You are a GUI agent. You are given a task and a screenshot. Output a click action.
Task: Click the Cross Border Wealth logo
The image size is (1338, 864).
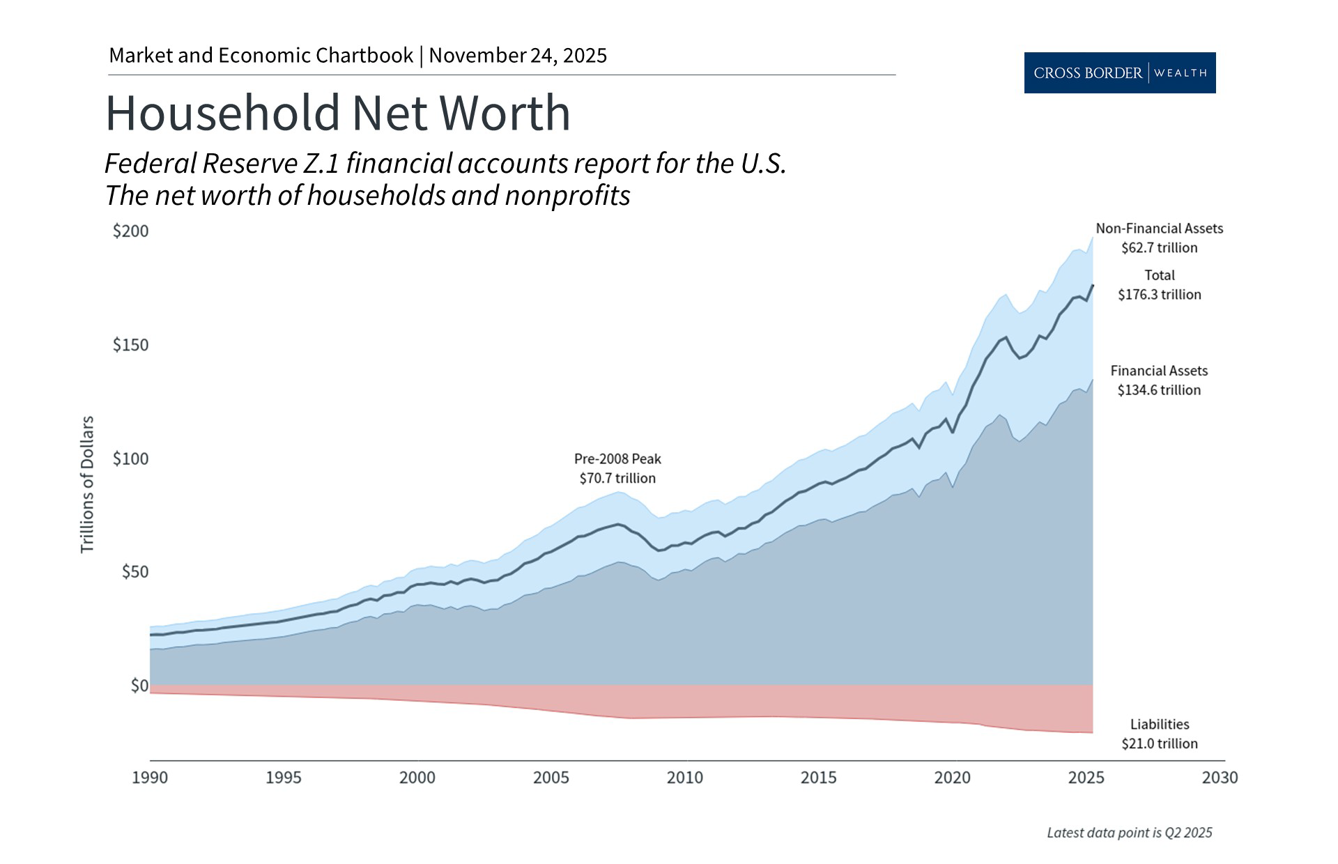(1119, 72)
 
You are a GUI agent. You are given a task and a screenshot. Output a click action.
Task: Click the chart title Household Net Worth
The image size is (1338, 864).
(337, 113)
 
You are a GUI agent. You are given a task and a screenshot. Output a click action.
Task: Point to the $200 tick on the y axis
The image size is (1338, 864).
(131, 231)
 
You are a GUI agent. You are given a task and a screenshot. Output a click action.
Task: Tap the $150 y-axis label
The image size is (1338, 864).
(131, 345)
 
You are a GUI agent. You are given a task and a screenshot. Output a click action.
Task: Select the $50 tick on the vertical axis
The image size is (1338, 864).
(135, 572)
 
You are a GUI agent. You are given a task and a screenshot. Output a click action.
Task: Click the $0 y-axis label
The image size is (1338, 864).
(139, 686)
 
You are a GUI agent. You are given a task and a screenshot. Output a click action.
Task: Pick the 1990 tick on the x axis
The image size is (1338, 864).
(150, 777)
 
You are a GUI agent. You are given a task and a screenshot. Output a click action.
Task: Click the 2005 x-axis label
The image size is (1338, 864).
(551, 777)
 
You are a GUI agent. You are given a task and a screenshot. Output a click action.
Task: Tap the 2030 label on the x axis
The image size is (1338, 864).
(1220, 777)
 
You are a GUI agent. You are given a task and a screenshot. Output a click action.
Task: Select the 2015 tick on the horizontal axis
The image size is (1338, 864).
(818, 777)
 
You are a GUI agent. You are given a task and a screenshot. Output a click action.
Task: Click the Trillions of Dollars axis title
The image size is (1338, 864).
(87, 484)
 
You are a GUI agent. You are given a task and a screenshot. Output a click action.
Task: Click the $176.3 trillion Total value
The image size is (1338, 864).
(1160, 295)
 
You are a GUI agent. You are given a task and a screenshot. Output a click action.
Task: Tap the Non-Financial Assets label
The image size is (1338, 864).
(1159, 229)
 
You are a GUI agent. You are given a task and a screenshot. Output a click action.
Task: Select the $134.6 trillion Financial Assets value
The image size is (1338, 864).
(1159, 390)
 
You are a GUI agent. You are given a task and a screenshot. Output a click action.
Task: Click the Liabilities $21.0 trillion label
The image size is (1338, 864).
(1159, 734)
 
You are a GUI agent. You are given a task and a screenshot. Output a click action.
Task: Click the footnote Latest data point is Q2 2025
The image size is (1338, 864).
(1129, 833)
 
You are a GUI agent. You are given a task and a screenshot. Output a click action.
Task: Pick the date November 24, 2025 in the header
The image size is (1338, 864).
(518, 56)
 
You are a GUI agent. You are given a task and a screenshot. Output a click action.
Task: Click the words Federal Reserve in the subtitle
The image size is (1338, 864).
(201, 164)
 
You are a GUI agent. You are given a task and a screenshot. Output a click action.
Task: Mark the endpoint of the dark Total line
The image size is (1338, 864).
(1092, 285)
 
